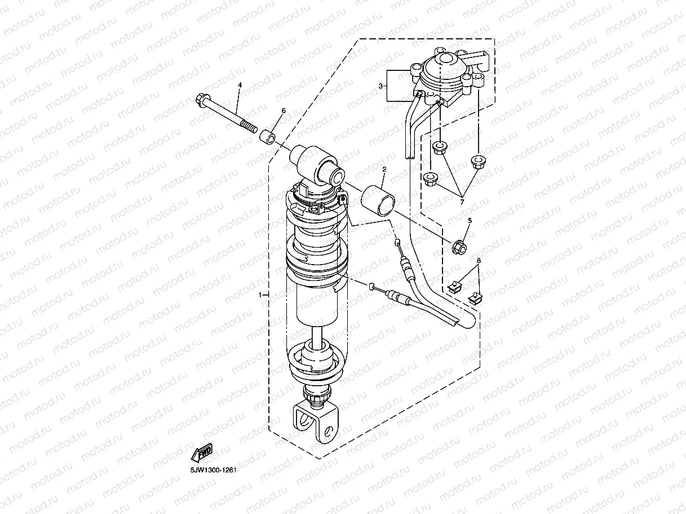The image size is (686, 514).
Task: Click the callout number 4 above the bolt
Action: (x=239, y=85)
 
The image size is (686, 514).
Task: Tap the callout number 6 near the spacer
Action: (x=284, y=111)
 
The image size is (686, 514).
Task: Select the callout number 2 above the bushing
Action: (x=384, y=169)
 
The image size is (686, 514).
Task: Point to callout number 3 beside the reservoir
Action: (x=381, y=86)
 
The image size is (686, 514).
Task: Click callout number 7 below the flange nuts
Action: (x=462, y=202)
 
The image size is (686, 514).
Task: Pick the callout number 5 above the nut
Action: (x=470, y=220)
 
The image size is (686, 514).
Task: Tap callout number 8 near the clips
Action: (x=479, y=261)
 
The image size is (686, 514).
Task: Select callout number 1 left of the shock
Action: (x=260, y=294)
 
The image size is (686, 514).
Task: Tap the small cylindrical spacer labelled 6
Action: (x=268, y=137)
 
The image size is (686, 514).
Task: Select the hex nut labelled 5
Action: (x=458, y=246)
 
